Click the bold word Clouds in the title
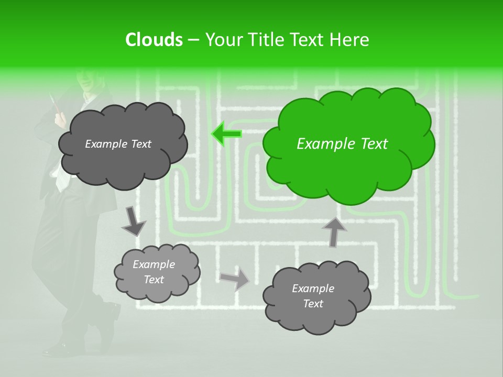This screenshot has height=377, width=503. coord(154,40)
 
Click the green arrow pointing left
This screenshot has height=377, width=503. coord(226,134)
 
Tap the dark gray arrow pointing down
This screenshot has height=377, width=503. coord(133,221)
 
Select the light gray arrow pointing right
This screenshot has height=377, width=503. coord(235,279)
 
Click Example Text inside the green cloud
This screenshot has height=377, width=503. coord(342,144)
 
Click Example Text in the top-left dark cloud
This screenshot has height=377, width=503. coord(118,144)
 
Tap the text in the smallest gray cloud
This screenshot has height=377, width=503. coord(154,272)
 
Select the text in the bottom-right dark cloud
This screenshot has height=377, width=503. coord(313,296)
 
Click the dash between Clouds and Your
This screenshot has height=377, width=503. coord(193,40)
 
